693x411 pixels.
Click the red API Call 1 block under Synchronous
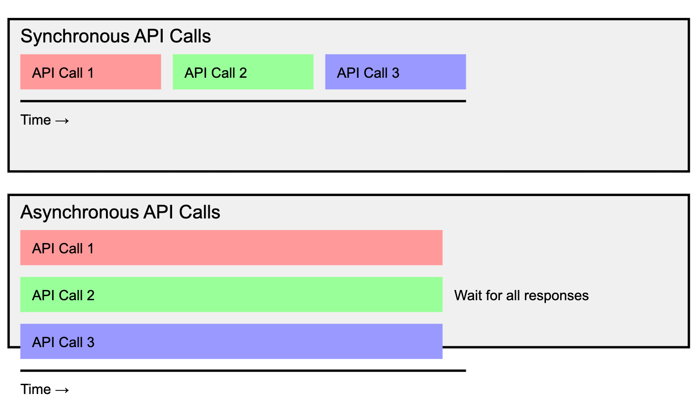(x=90, y=72)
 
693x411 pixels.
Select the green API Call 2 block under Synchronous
(x=243, y=72)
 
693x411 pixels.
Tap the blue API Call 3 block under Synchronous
(x=395, y=72)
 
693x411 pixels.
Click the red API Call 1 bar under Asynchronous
(x=231, y=247)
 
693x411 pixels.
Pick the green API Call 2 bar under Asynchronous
(x=231, y=294)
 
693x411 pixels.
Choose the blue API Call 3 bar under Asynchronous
(x=231, y=341)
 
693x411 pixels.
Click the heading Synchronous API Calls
(x=115, y=36)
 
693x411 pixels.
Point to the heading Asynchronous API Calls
(x=120, y=212)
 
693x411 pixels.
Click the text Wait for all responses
(x=521, y=296)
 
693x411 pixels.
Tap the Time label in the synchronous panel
(x=36, y=120)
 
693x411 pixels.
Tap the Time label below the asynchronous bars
(x=36, y=390)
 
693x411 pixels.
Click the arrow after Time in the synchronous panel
(x=62, y=121)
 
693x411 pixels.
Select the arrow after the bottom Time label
(x=62, y=390)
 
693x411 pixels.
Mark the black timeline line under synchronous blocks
(x=243, y=101)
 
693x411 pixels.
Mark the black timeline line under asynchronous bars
(x=243, y=370)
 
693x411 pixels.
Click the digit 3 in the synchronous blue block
(x=395, y=73)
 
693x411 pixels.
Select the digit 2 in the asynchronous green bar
(x=90, y=295)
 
